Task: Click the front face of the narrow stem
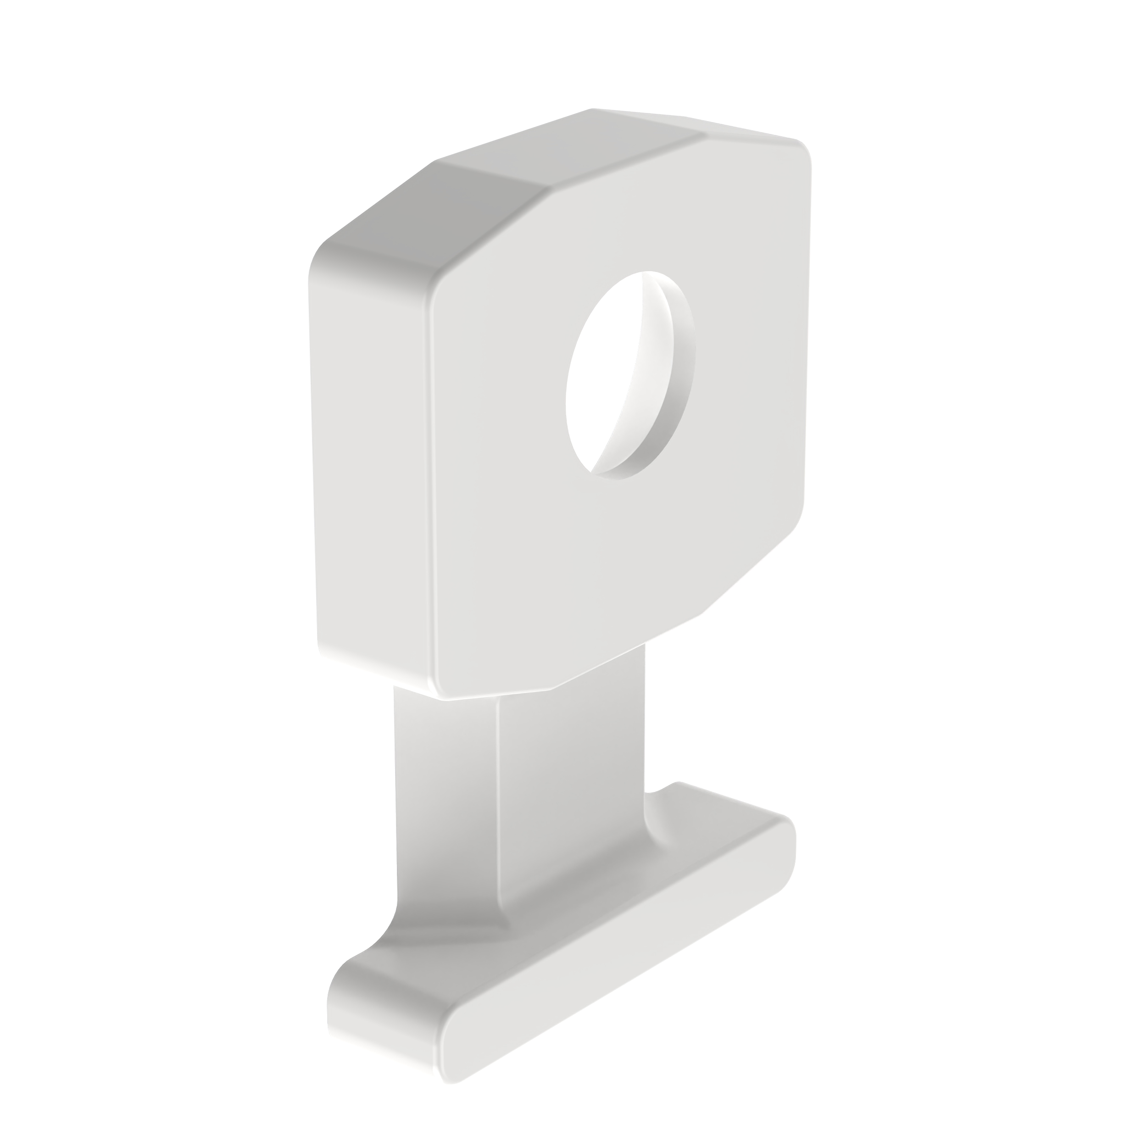pos(570,802)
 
